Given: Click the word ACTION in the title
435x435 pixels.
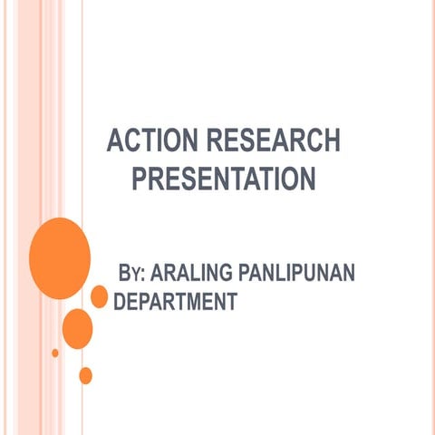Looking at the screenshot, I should [150, 142].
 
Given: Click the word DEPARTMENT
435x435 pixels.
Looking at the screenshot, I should [178, 301].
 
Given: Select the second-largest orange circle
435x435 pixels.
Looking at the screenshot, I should [78, 328].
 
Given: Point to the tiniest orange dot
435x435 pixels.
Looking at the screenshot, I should [55, 353].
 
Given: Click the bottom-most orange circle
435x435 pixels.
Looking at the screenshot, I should [86, 375].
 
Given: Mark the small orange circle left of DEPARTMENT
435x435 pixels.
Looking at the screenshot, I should [99, 296].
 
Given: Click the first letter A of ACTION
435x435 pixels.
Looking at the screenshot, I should [114, 142].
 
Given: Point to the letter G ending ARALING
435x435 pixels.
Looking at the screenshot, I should [231, 273].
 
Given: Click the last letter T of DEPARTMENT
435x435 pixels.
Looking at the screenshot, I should [231, 301].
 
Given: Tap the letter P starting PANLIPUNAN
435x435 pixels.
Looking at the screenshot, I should [246, 273].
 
